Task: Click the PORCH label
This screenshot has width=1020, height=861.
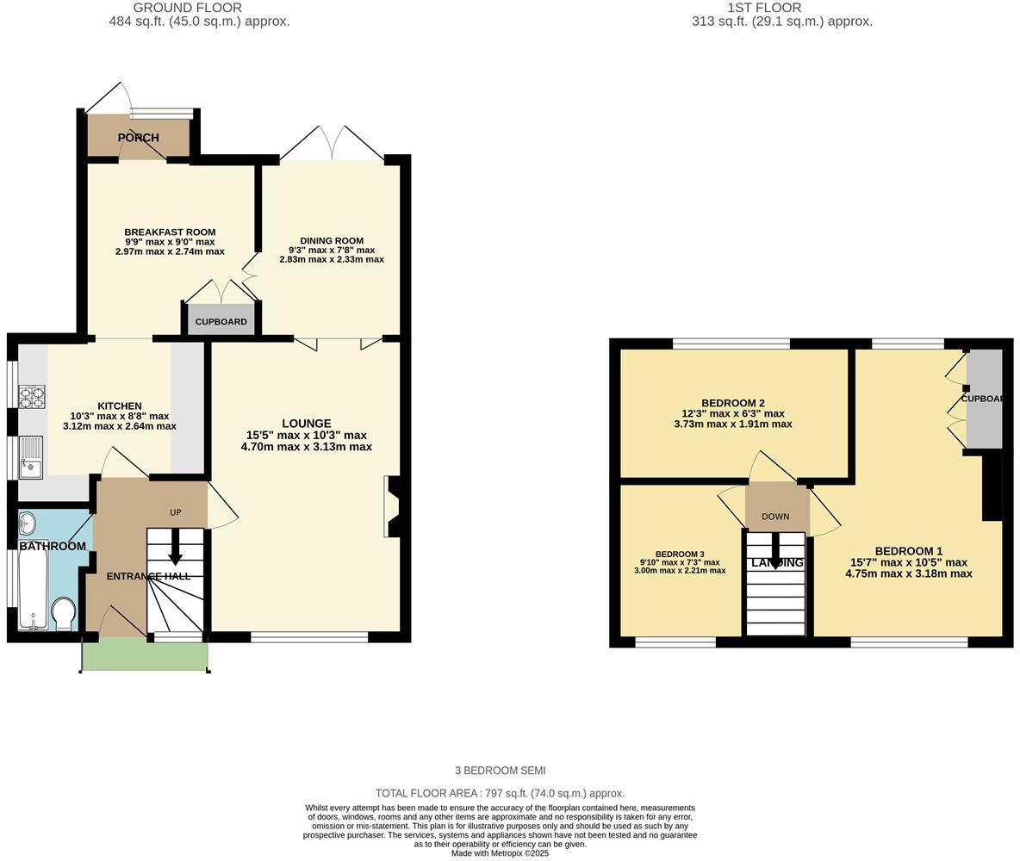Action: [138, 138]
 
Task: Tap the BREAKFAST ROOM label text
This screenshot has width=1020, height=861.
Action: [170, 232]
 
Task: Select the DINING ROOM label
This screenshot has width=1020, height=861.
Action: [332, 241]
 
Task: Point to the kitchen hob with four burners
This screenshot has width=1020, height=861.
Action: [32, 397]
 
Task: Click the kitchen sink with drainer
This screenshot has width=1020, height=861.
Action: [31, 456]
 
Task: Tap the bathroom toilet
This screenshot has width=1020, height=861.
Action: [63, 614]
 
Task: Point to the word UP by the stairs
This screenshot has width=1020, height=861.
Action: [176, 512]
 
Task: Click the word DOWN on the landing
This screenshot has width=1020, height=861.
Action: [775, 517]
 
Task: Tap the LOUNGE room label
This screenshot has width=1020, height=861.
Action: [306, 424]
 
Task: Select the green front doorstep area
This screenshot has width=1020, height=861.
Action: [145, 656]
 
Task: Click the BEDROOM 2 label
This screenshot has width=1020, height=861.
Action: [732, 403]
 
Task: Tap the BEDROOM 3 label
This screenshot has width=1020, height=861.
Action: [680, 554]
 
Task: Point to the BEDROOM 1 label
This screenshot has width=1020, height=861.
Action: [908, 551]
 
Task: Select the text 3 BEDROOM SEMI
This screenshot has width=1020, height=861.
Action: [500, 771]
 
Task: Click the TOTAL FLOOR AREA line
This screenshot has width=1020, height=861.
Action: [500, 793]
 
